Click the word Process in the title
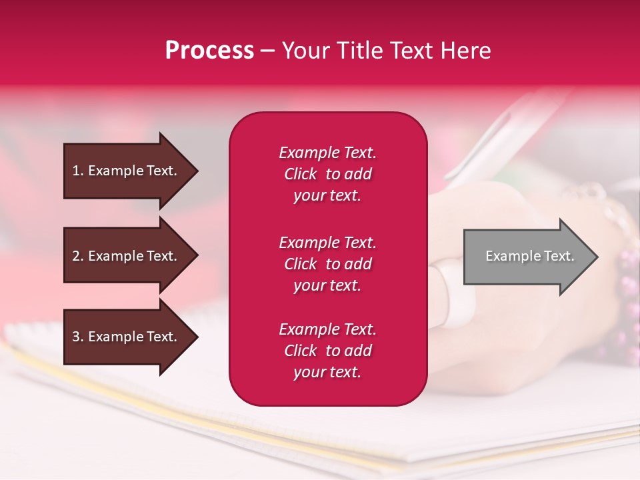click(209, 51)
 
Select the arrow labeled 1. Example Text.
click(127, 171)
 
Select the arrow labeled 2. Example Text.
click(127, 256)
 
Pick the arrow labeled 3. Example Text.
click(127, 337)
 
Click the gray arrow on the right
click(527, 256)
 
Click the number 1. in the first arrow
click(78, 171)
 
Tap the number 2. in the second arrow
click(78, 256)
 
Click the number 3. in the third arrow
click(78, 337)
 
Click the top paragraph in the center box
click(327, 174)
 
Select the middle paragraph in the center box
click(327, 264)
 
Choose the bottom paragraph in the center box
click(327, 351)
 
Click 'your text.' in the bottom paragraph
click(327, 373)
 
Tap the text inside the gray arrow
click(529, 256)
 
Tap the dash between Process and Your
click(267, 51)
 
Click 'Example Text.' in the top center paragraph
click(327, 153)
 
